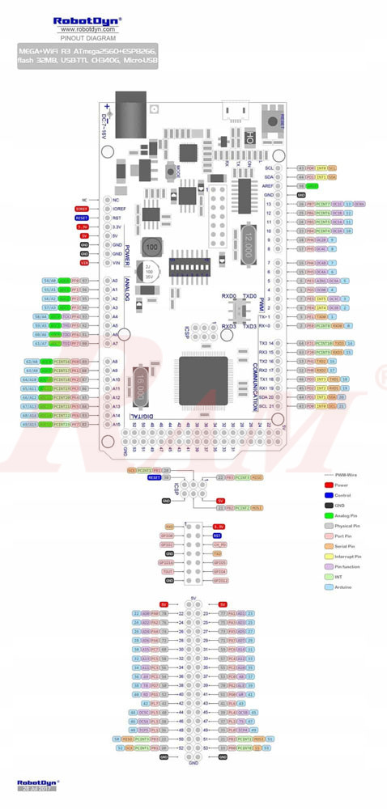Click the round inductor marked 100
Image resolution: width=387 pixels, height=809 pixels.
pyautogui.click(x=151, y=245)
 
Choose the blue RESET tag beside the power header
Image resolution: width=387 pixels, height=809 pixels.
pyautogui.click(x=82, y=218)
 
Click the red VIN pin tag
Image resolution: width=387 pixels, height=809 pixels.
pyautogui.click(x=84, y=262)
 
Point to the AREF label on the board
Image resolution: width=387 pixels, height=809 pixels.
pyautogui.click(x=269, y=185)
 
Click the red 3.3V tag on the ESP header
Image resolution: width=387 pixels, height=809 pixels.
pyautogui.click(x=217, y=527)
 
